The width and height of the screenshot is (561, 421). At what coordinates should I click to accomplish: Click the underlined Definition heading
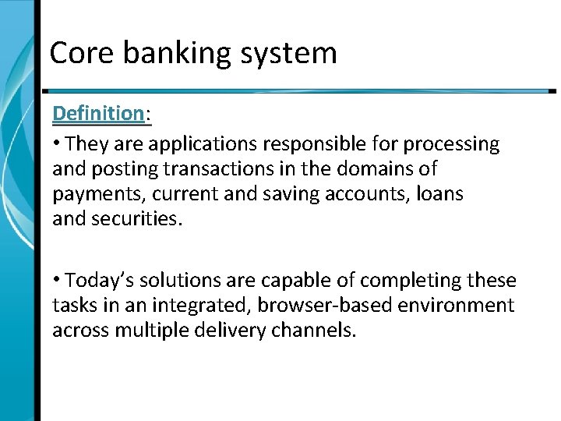[x=98, y=114]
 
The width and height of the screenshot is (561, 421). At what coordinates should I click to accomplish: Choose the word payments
[x=99, y=194]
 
